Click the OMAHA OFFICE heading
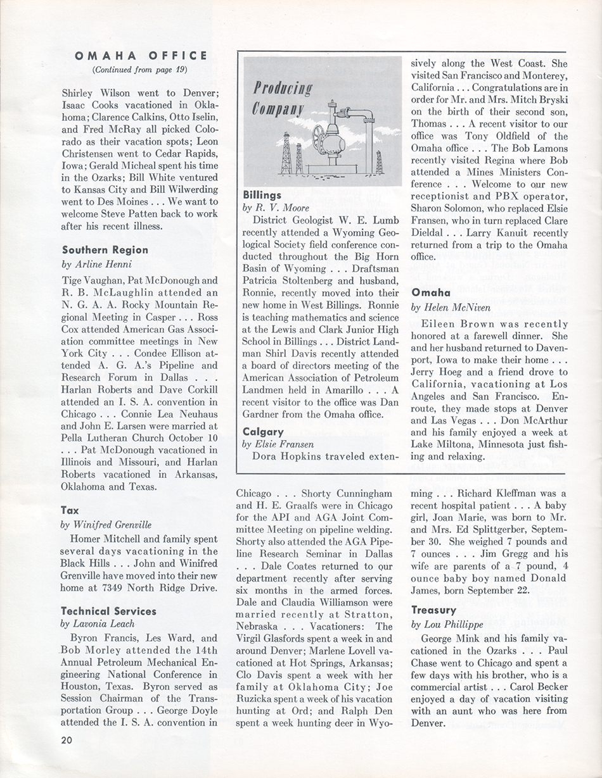pos(141,56)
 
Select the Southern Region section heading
pos(105,250)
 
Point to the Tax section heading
pos(70,510)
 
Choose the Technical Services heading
pos(108,611)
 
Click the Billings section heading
pos(262,195)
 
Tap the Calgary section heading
pos(262,431)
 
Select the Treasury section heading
pos(433,610)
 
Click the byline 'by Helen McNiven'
pos(451,307)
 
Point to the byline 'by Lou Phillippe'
pos(447,624)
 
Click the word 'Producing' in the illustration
pos(284,87)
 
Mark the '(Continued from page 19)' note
pos(140,69)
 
